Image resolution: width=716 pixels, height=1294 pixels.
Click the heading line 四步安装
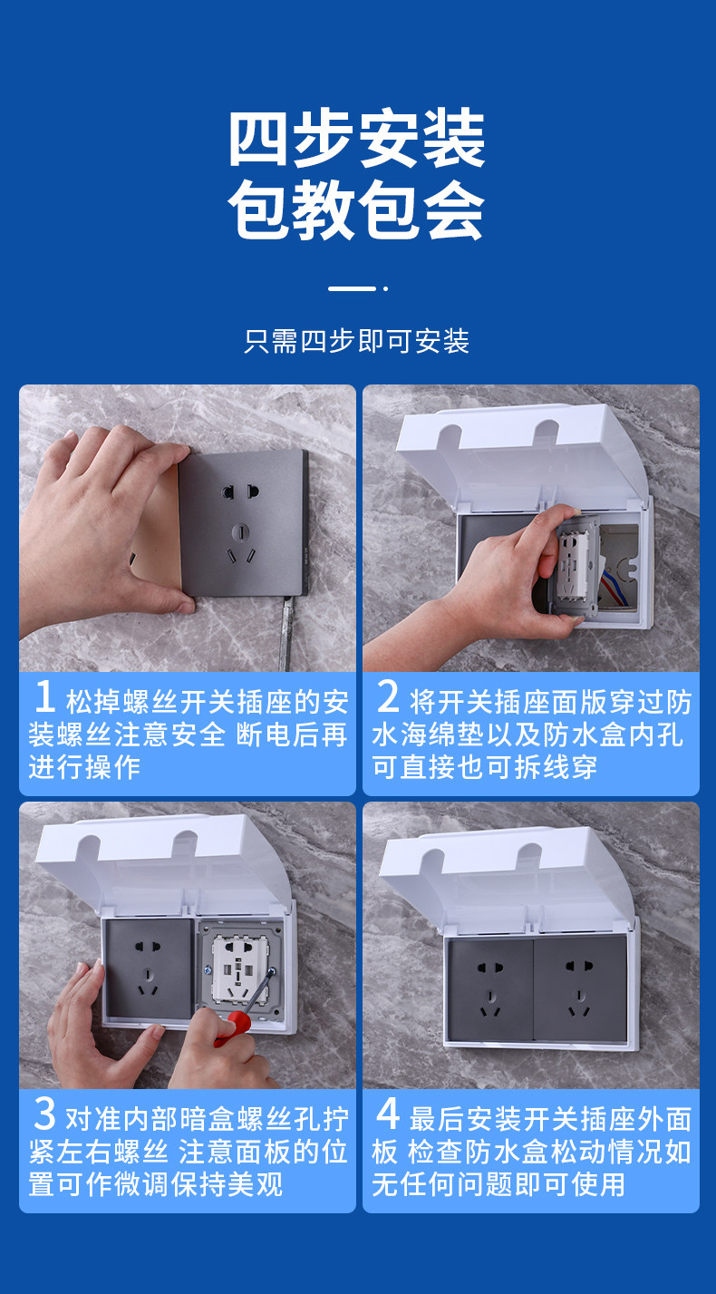tap(357, 138)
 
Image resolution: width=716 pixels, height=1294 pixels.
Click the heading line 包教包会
tap(357, 209)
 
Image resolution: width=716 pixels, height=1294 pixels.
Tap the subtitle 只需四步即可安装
tap(357, 341)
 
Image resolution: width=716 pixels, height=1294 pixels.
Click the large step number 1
tap(45, 696)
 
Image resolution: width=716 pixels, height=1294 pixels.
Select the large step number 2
tap(388, 696)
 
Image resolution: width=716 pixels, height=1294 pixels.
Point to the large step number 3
tap(44, 1114)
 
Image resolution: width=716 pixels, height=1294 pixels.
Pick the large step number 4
tap(388, 1114)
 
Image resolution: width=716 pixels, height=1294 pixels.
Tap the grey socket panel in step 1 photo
tap(244, 523)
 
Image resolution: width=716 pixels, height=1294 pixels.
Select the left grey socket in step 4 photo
tap(490, 989)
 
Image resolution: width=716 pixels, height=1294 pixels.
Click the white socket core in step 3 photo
tap(241, 969)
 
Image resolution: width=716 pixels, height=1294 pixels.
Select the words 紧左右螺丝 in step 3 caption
tap(99, 1152)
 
